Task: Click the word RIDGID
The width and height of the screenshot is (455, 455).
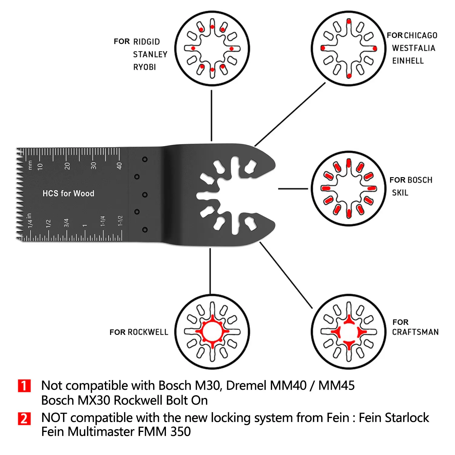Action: tap(147, 42)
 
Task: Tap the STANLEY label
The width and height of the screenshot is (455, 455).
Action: tap(150, 54)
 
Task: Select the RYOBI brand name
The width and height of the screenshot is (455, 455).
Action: tap(144, 67)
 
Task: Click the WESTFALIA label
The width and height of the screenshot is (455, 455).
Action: tap(414, 48)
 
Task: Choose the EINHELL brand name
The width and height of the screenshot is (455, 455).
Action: tap(408, 61)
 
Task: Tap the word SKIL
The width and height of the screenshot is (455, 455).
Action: tap(400, 193)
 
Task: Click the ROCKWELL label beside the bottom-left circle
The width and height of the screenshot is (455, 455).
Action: tap(148, 332)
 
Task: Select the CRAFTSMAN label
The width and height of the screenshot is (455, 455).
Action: tap(415, 332)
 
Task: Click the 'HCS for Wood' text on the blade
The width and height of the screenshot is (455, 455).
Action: tap(68, 194)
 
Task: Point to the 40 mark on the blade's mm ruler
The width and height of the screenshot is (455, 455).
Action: tap(119, 166)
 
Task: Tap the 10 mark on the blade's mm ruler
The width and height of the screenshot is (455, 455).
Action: tap(40, 167)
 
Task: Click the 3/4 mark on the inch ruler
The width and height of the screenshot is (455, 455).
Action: tap(66, 223)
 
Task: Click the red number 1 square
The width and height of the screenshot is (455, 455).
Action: tap(24, 386)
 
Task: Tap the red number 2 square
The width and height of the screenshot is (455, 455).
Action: tap(24, 419)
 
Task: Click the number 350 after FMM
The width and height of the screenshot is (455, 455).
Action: tap(180, 432)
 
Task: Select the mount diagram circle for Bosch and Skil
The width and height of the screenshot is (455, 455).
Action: tap(349, 189)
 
